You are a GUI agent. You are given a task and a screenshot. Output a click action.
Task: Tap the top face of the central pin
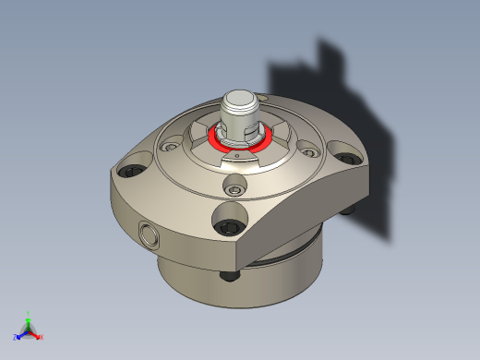tap(242, 99)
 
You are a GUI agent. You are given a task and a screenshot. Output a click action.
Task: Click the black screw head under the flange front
tap(229, 278)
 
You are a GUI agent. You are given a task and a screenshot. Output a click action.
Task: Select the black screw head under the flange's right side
tap(347, 210)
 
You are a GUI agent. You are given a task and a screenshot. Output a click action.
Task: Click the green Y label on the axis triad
tap(29, 314)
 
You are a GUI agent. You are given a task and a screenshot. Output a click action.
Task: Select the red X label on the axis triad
tap(41, 337)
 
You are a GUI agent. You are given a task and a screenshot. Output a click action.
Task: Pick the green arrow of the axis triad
tap(29, 322)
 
